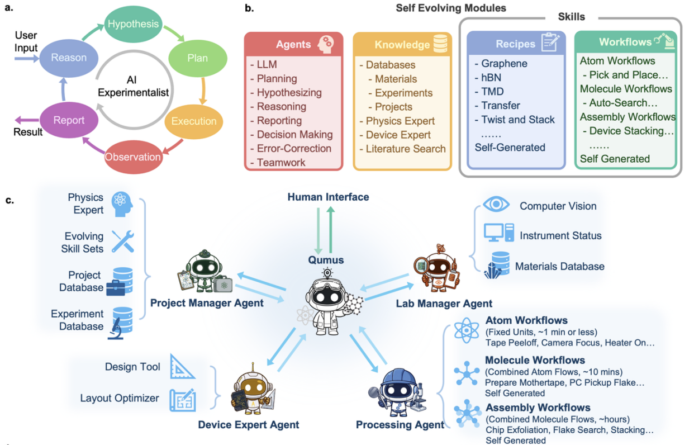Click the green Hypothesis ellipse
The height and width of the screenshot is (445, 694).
(133, 24)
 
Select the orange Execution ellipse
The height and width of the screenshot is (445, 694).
(194, 121)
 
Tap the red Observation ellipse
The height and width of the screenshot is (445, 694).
(133, 157)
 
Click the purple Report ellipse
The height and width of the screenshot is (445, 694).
(69, 120)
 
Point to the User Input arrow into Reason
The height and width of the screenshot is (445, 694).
(27, 58)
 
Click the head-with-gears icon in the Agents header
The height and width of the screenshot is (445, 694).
(326, 44)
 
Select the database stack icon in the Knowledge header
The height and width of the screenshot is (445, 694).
(440, 44)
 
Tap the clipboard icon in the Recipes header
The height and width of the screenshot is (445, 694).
(550, 42)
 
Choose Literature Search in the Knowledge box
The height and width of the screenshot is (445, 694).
(402, 149)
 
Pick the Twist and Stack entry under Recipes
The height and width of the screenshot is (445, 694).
(515, 119)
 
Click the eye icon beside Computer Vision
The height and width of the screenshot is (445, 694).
(496, 204)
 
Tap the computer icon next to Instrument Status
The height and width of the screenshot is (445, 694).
(499, 233)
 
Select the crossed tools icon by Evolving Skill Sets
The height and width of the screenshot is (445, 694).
(123, 242)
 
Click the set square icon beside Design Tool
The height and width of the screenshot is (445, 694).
(182, 367)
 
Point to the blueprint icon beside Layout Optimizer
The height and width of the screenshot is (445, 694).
(183, 400)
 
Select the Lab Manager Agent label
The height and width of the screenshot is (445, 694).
(444, 304)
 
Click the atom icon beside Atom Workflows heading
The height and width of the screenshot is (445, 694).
(466, 330)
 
